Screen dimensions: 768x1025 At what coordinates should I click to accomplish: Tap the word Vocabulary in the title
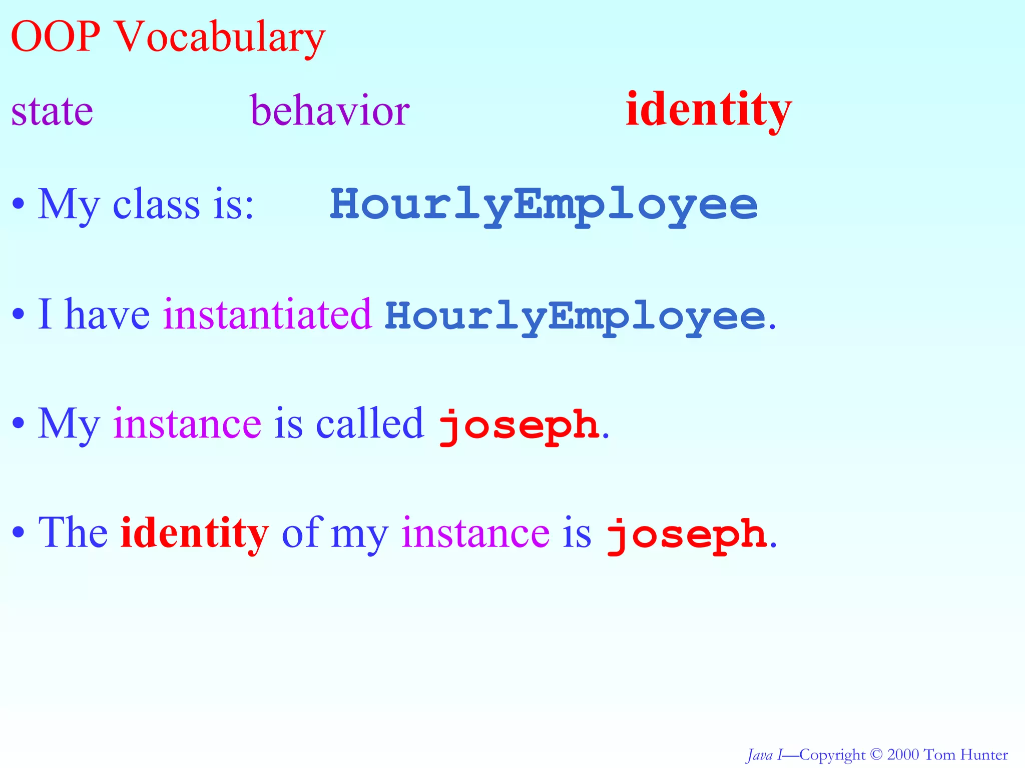click(x=220, y=38)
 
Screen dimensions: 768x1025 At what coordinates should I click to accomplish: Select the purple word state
click(x=52, y=111)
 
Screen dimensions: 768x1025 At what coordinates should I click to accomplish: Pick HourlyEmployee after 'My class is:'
click(x=544, y=205)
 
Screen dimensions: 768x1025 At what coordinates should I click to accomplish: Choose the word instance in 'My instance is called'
click(x=187, y=424)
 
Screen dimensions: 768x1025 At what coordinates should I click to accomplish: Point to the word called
click(x=370, y=424)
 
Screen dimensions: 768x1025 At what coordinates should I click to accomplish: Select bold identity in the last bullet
click(x=195, y=533)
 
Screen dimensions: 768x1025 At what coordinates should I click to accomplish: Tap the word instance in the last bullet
click(x=475, y=533)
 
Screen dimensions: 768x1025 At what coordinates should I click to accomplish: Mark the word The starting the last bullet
click(x=73, y=533)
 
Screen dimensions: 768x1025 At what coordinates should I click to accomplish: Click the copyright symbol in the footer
click(x=876, y=754)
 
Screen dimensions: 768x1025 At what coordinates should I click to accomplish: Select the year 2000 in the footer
click(x=903, y=754)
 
